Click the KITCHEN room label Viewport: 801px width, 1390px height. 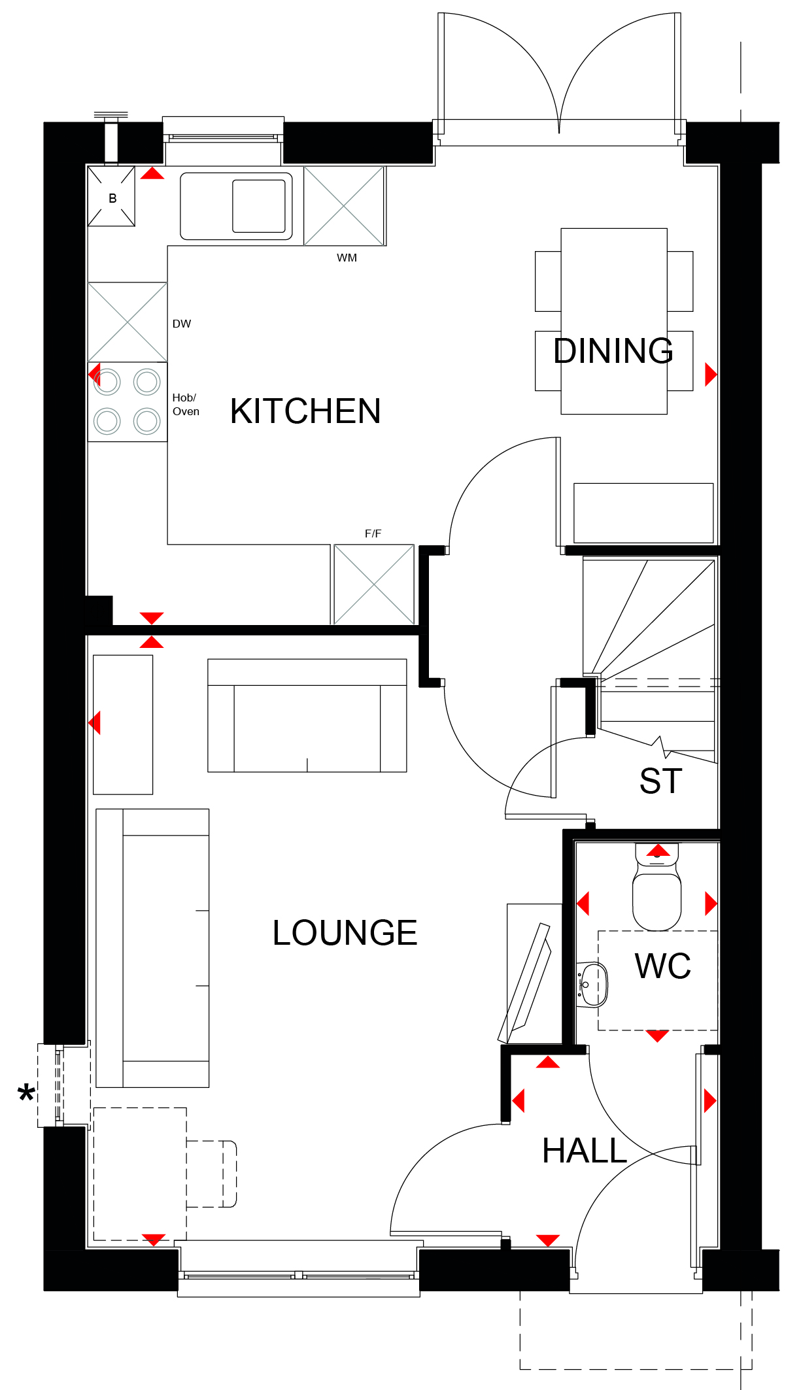[x=305, y=411]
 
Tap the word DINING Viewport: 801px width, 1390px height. [x=613, y=351]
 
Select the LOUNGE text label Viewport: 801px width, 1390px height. [x=345, y=932]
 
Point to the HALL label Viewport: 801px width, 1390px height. [x=585, y=1151]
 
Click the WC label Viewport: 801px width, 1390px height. [x=663, y=966]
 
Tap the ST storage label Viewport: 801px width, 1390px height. [x=661, y=781]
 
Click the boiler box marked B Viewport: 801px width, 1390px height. [x=112, y=196]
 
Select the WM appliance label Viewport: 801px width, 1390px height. [x=347, y=258]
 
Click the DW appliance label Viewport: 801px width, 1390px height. [x=182, y=324]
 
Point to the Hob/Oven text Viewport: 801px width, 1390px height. [x=186, y=405]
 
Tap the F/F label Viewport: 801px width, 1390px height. [x=373, y=534]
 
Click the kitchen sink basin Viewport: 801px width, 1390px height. [x=259, y=206]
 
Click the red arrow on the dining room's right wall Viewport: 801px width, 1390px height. [x=711, y=375]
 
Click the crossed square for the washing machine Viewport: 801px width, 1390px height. [x=344, y=206]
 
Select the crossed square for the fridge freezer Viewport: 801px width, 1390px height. [x=374, y=585]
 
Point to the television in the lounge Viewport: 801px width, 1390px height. [x=525, y=983]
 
